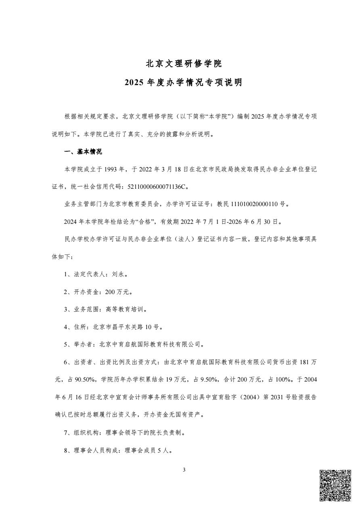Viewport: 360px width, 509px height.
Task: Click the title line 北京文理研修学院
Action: click(184, 63)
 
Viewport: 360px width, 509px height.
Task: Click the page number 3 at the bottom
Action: click(184, 470)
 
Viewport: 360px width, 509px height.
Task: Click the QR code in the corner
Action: click(335, 485)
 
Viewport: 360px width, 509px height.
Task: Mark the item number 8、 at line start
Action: click(68, 451)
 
